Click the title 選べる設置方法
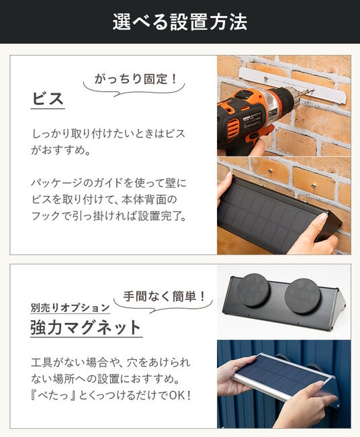(180, 21)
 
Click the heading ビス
(48, 99)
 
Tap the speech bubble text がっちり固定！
(136, 79)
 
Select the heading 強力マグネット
(86, 327)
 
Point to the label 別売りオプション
(71, 307)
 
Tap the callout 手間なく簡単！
(165, 296)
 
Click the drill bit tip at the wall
(312, 91)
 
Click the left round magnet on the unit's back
(253, 290)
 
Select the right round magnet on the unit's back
(302, 296)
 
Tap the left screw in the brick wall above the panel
(270, 171)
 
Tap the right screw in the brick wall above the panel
(314, 185)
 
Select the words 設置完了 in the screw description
(159, 216)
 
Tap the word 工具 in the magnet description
(41, 362)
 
